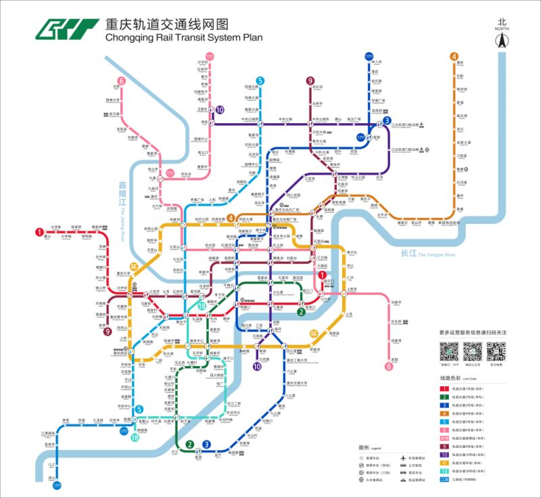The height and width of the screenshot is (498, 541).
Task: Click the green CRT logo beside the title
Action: pos(66,29)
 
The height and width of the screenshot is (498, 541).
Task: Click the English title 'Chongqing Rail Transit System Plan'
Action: pos(183,38)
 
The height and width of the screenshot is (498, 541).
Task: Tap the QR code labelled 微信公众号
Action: pos(473,352)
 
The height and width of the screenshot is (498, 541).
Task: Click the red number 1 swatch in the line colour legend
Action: pos(445,388)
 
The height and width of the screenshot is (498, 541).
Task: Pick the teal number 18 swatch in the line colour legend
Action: pos(445,470)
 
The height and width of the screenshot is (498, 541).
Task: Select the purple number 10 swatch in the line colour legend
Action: pos(445,454)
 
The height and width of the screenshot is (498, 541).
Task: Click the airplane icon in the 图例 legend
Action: pos(403,458)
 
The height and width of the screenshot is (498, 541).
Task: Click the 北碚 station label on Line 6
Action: pos(116,87)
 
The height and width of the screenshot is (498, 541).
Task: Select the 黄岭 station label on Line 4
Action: pos(460,63)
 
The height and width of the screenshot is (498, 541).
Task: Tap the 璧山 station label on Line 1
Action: pos(47,237)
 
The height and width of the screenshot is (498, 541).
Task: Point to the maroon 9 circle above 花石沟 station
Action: pos(310,80)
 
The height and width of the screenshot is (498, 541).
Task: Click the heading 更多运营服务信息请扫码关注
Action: pos(473,333)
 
